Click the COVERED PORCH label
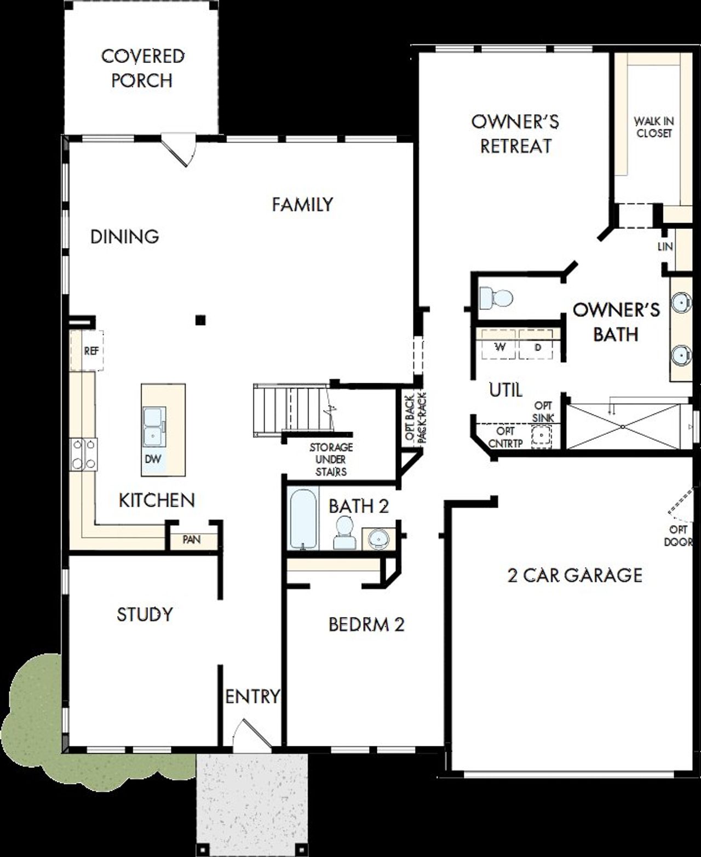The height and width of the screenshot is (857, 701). point(142,68)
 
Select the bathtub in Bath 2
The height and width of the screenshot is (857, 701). point(303,518)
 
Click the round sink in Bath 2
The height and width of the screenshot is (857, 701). point(378,538)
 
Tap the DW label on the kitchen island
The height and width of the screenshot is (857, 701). point(153,459)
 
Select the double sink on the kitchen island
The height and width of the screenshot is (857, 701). point(153,428)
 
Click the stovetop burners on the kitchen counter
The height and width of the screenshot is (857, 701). point(84,455)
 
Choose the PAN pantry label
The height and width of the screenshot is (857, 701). point(192,540)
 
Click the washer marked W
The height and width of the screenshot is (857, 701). point(499,347)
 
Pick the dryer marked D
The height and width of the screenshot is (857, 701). point(537,347)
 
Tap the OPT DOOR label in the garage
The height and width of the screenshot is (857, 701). point(678,536)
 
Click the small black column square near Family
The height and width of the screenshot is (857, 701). point(201,320)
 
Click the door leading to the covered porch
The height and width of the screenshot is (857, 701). point(179,150)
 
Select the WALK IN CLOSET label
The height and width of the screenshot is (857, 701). point(653,127)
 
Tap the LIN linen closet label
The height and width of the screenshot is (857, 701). point(665,247)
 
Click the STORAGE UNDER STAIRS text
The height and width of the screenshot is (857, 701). point(331,459)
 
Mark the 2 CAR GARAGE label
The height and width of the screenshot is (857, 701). point(574,575)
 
